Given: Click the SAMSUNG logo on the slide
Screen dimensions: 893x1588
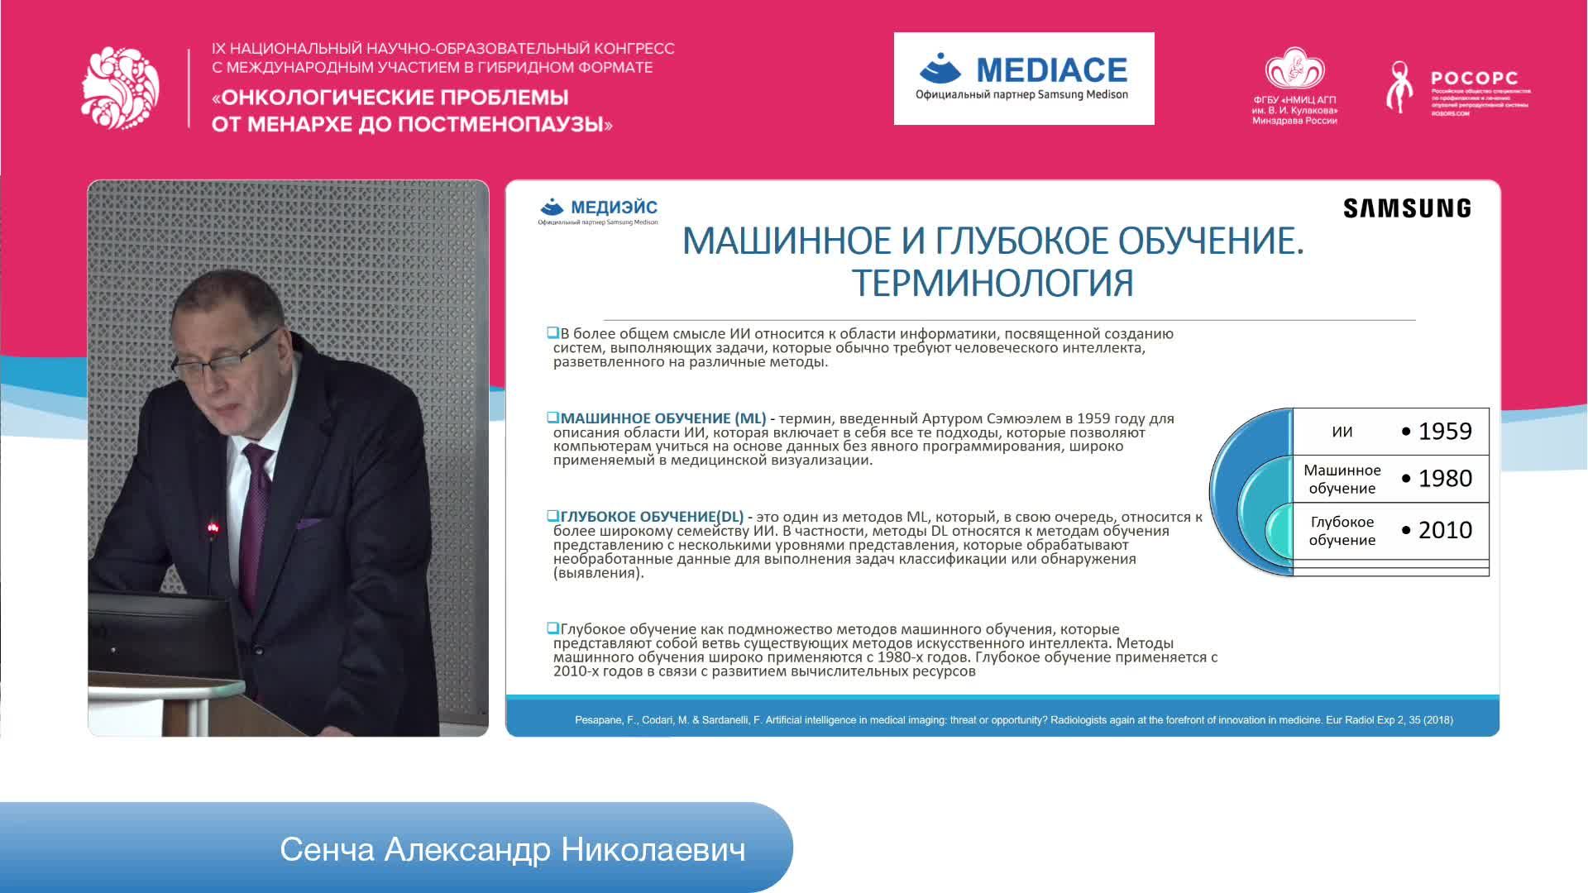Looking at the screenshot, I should (1407, 208).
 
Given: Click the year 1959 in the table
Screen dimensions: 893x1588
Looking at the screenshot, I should (1444, 432).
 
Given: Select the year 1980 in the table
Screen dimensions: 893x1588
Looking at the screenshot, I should (1444, 479).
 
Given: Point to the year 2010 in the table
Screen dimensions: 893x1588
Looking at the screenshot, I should (1444, 530).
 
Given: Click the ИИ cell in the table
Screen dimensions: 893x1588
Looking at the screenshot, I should (1342, 432).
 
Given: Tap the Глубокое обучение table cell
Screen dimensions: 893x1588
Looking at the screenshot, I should (1342, 531).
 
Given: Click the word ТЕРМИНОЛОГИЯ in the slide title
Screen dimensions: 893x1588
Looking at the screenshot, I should (992, 283).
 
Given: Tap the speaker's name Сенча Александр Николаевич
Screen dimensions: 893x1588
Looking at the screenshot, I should (512, 849).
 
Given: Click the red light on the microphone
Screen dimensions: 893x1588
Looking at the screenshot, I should (213, 526).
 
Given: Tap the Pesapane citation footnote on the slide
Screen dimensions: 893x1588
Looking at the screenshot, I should (1013, 720).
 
